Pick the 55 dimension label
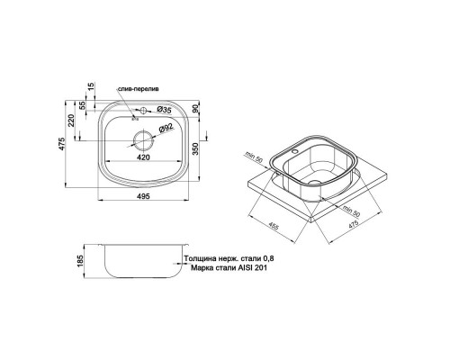[85, 105]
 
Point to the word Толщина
[201, 257]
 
